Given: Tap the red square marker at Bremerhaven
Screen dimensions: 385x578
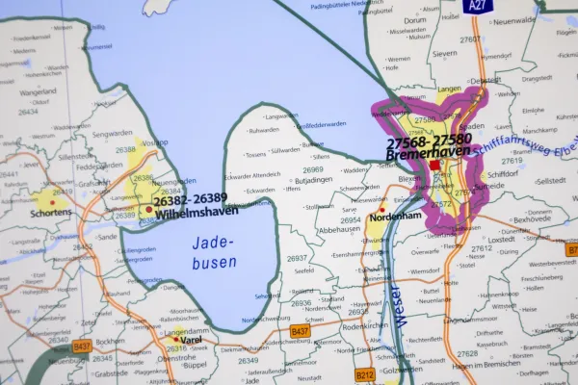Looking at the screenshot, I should (435, 166).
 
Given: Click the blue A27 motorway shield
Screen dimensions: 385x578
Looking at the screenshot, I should (475, 6).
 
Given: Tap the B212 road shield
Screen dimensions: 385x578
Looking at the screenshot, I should (364, 375).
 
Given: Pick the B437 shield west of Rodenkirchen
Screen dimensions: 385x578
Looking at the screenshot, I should (300, 331).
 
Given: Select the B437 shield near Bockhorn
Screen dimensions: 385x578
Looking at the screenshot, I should (82, 346).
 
